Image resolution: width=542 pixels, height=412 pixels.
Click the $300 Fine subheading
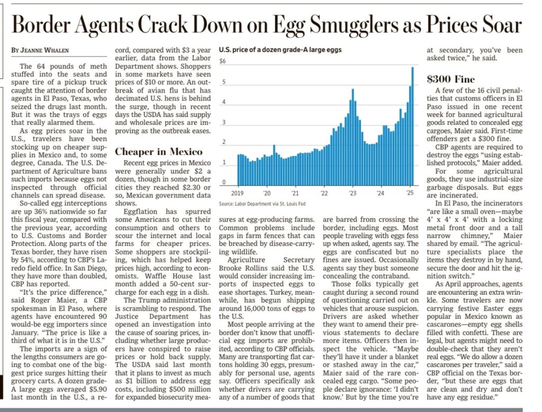tap(450, 80)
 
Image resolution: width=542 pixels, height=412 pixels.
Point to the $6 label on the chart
tap(222, 61)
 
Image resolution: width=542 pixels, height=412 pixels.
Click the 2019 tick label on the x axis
tap(237, 193)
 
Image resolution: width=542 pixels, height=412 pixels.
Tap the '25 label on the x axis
tap(409, 193)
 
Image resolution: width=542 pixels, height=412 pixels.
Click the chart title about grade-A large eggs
tap(280, 50)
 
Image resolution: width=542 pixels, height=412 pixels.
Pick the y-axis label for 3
tap(224, 123)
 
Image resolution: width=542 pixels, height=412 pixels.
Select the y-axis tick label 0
tap(224, 182)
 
